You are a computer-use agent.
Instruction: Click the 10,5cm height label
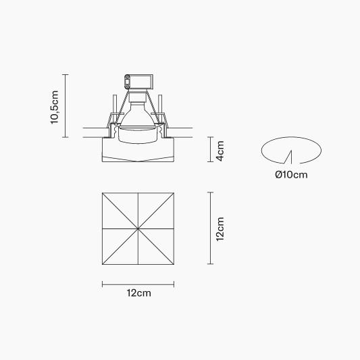click(x=55, y=107)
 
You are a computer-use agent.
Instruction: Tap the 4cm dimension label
click(x=220, y=151)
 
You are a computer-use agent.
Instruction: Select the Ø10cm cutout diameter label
click(x=291, y=175)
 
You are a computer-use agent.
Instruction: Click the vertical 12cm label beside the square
click(x=220, y=229)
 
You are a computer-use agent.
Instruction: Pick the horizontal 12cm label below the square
click(x=139, y=293)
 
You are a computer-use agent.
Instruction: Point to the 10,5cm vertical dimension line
click(x=66, y=106)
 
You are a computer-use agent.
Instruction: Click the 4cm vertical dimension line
click(x=211, y=149)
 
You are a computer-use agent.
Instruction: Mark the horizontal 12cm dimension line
click(x=138, y=284)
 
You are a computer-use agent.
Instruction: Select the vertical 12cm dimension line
click(x=211, y=228)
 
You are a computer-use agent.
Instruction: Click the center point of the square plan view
click(x=138, y=229)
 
